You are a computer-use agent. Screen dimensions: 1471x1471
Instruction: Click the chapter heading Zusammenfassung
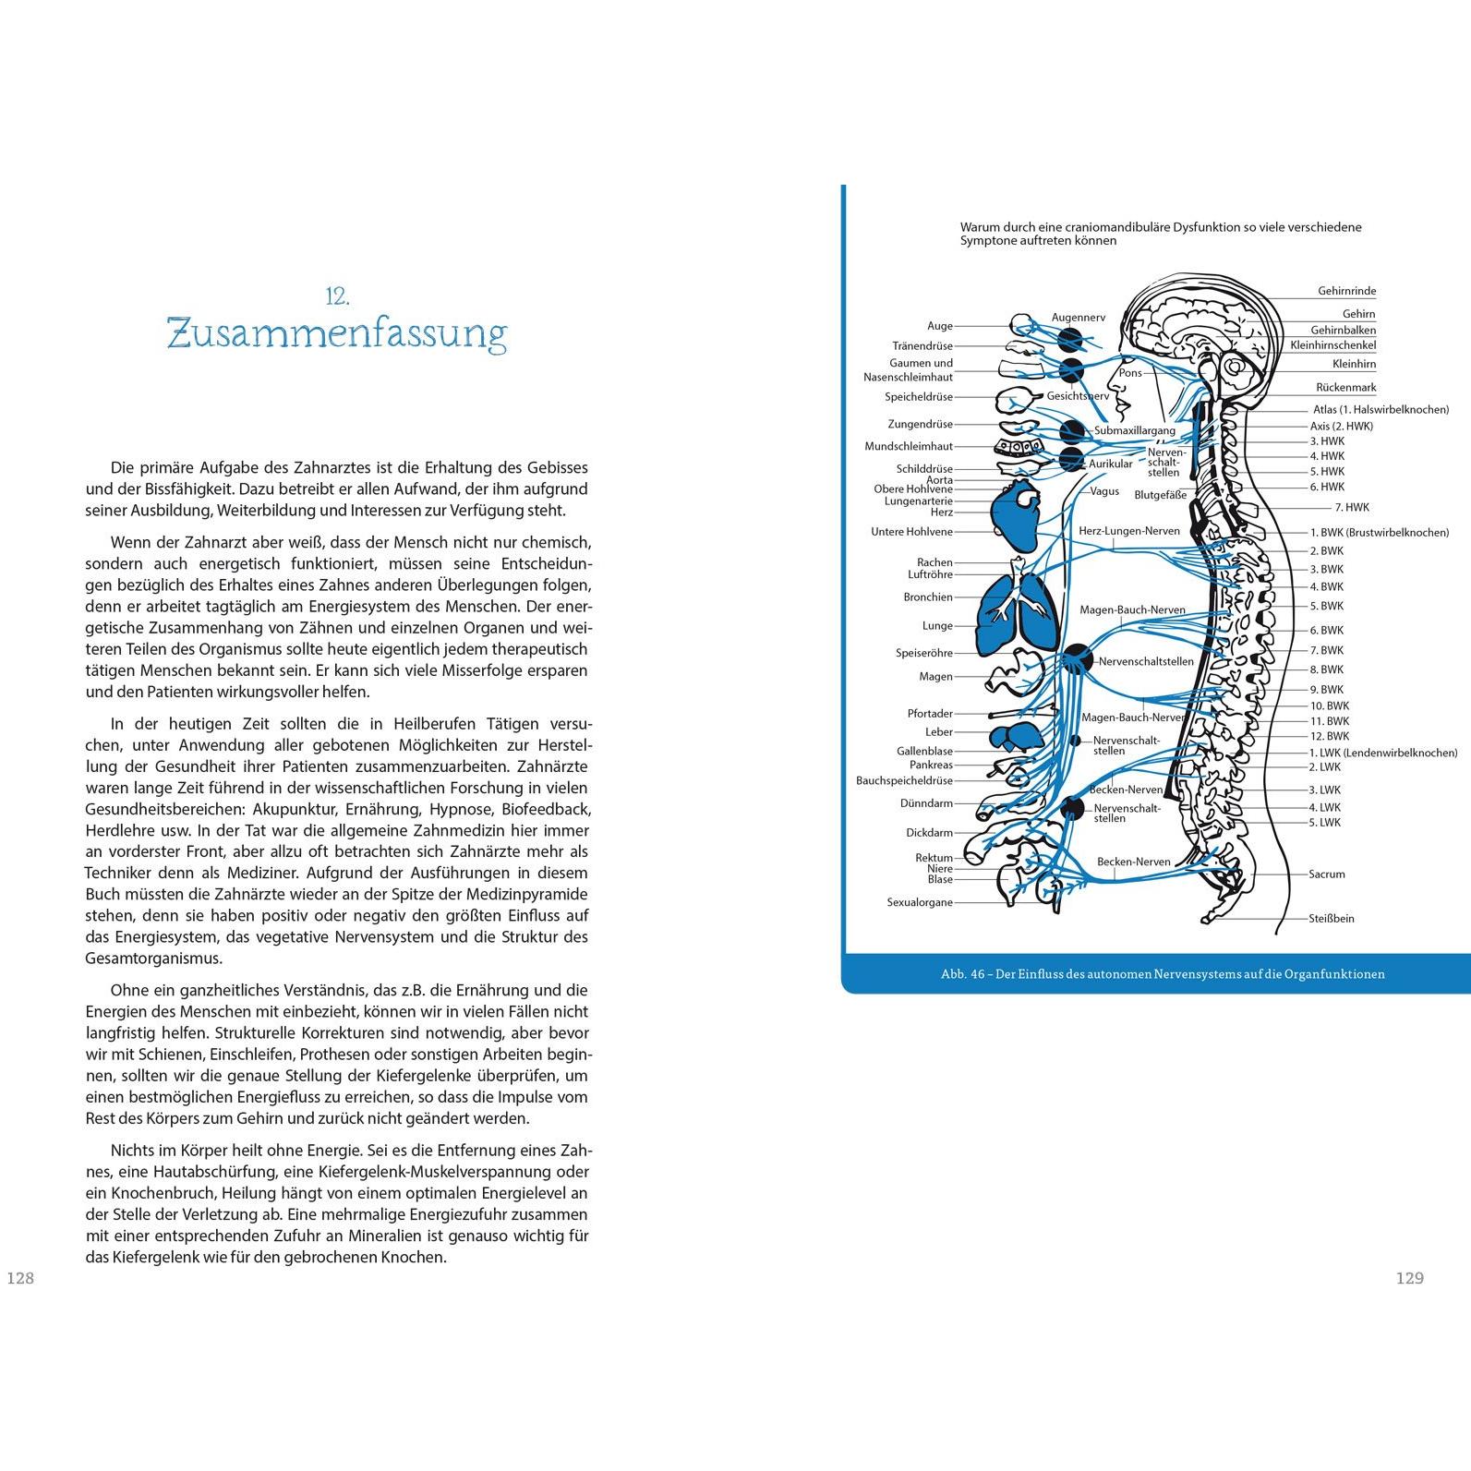pos(337,333)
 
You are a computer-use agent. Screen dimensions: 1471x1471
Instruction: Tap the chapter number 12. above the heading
pos(337,296)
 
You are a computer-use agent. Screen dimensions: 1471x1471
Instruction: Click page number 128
pos(20,1278)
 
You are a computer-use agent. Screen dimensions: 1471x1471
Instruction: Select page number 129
pos(1410,1278)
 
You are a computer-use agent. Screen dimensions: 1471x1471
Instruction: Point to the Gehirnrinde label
pos(1346,291)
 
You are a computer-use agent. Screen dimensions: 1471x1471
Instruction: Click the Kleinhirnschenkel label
pos(1333,345)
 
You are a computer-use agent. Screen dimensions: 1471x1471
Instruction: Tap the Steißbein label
pos(1332,918)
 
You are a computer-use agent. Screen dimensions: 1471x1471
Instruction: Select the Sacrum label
pos(1327,874)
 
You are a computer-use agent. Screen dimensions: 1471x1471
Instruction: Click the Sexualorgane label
pos(920,902)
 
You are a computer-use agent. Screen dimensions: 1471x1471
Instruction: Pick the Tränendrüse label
pos(922,345)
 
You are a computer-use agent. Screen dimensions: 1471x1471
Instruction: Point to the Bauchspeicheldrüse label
pos(904,780)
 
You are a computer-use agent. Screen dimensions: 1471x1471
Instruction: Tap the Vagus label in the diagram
pos(1105,491)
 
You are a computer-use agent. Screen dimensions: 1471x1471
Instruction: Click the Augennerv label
pos(1079,318)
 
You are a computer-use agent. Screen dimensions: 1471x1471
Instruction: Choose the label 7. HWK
pos(1352,507)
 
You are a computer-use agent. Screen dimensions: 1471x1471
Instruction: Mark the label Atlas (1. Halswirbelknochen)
pos(1381,409)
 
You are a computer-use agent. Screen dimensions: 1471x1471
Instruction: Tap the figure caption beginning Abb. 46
pos(1163,973)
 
